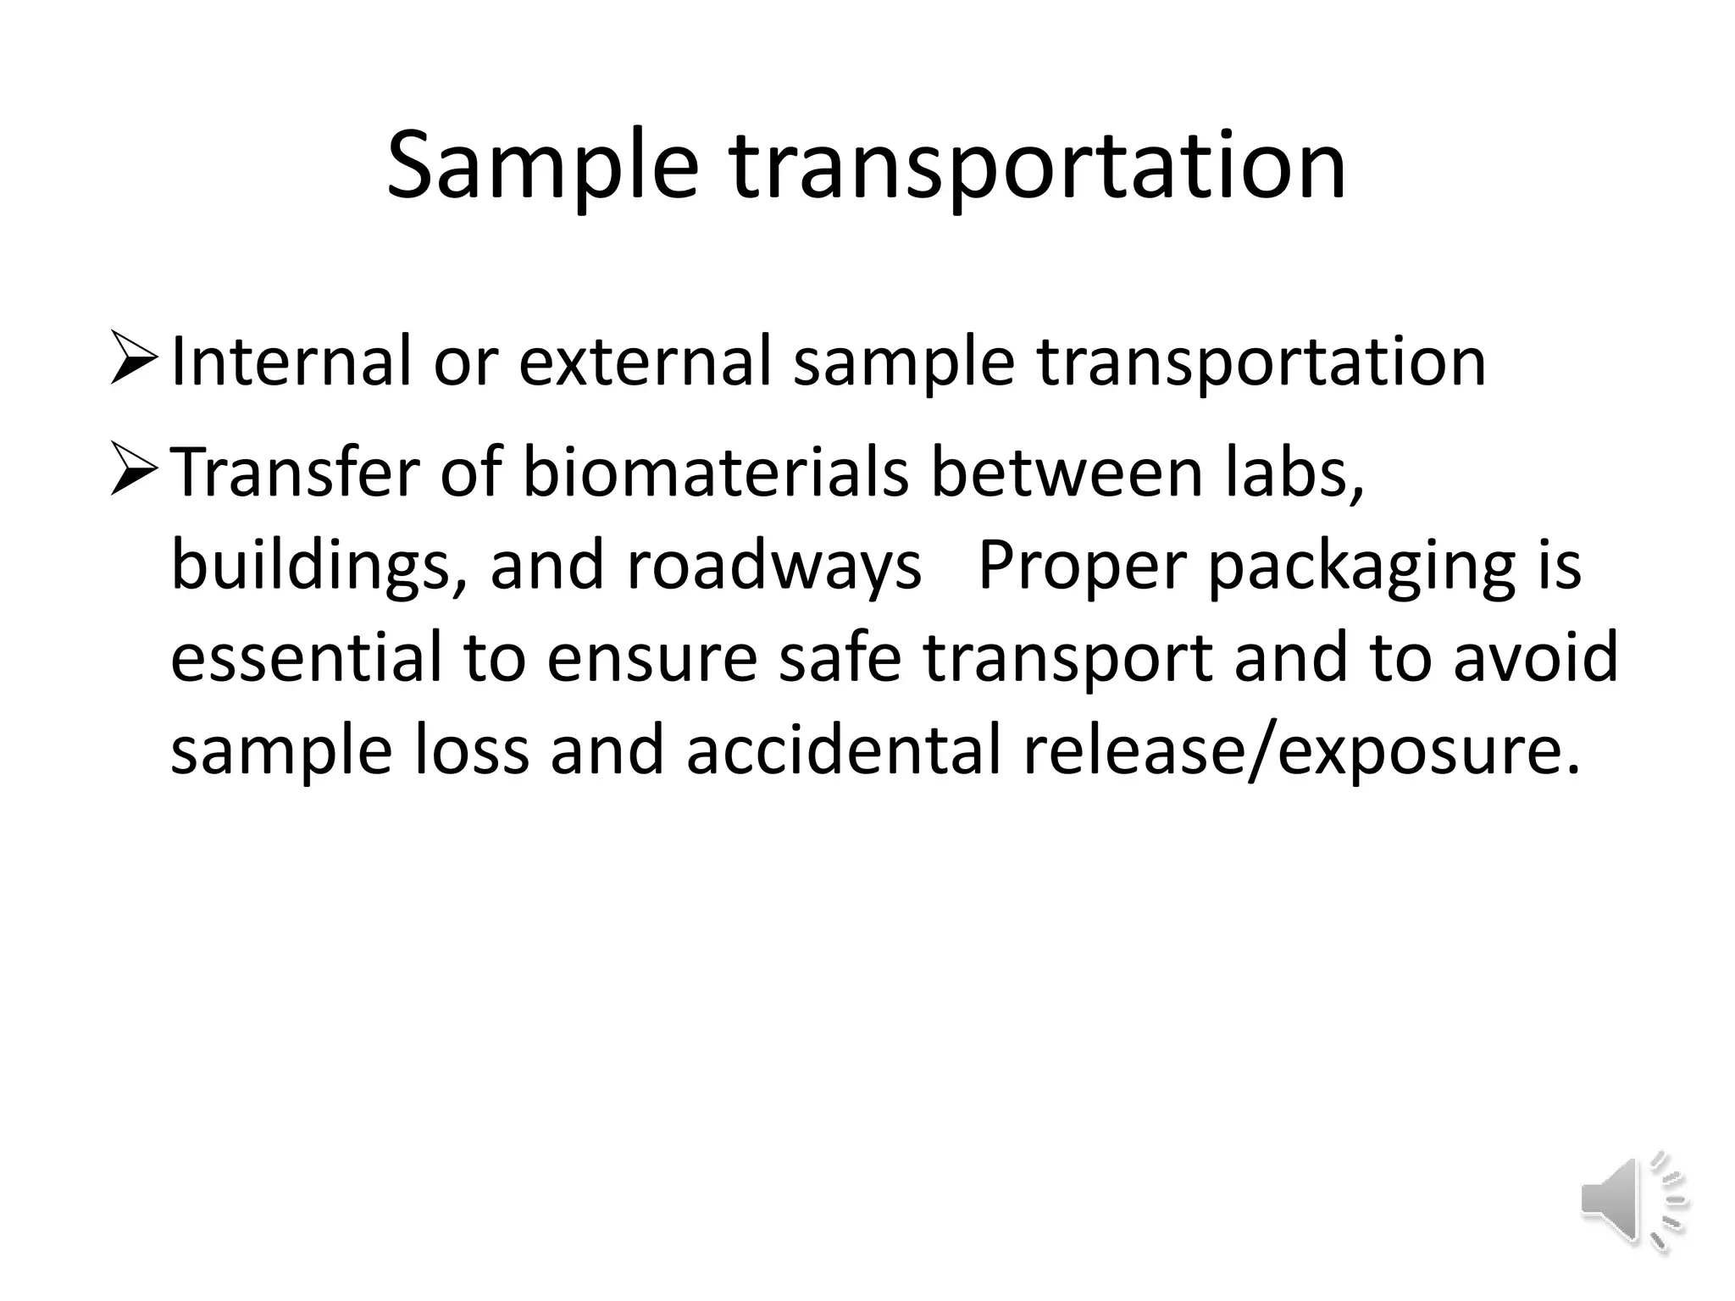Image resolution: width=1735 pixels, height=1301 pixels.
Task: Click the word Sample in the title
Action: click(x=542, y=166)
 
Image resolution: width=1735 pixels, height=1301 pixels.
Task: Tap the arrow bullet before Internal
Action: click(x=133, y=360)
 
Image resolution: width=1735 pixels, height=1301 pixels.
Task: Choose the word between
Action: click(x=1066, y=473)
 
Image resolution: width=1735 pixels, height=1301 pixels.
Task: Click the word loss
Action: click(x=471, y=750)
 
